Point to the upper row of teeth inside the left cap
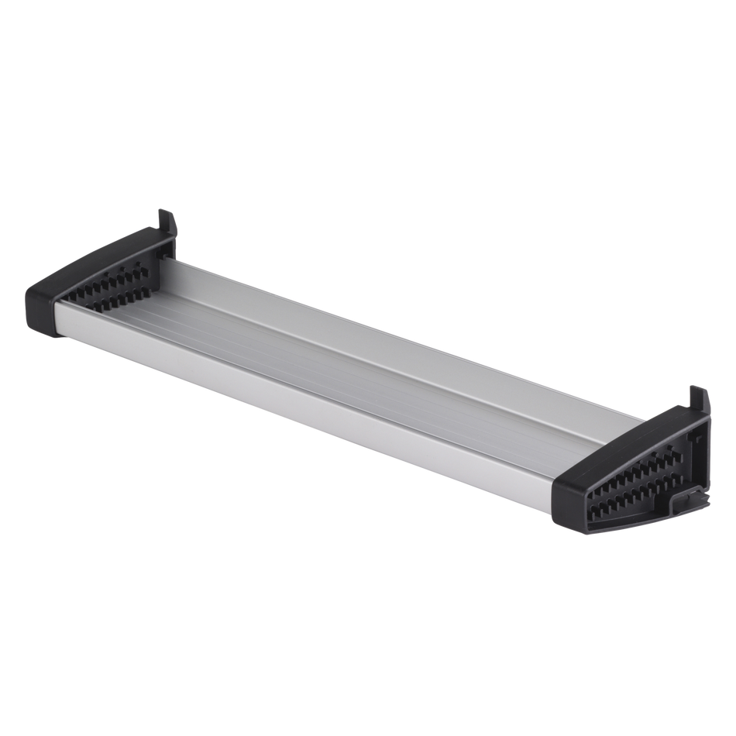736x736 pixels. tap(108, 280)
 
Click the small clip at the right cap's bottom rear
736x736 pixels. tap(692, 498)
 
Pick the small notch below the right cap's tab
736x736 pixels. tap(701, 439)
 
